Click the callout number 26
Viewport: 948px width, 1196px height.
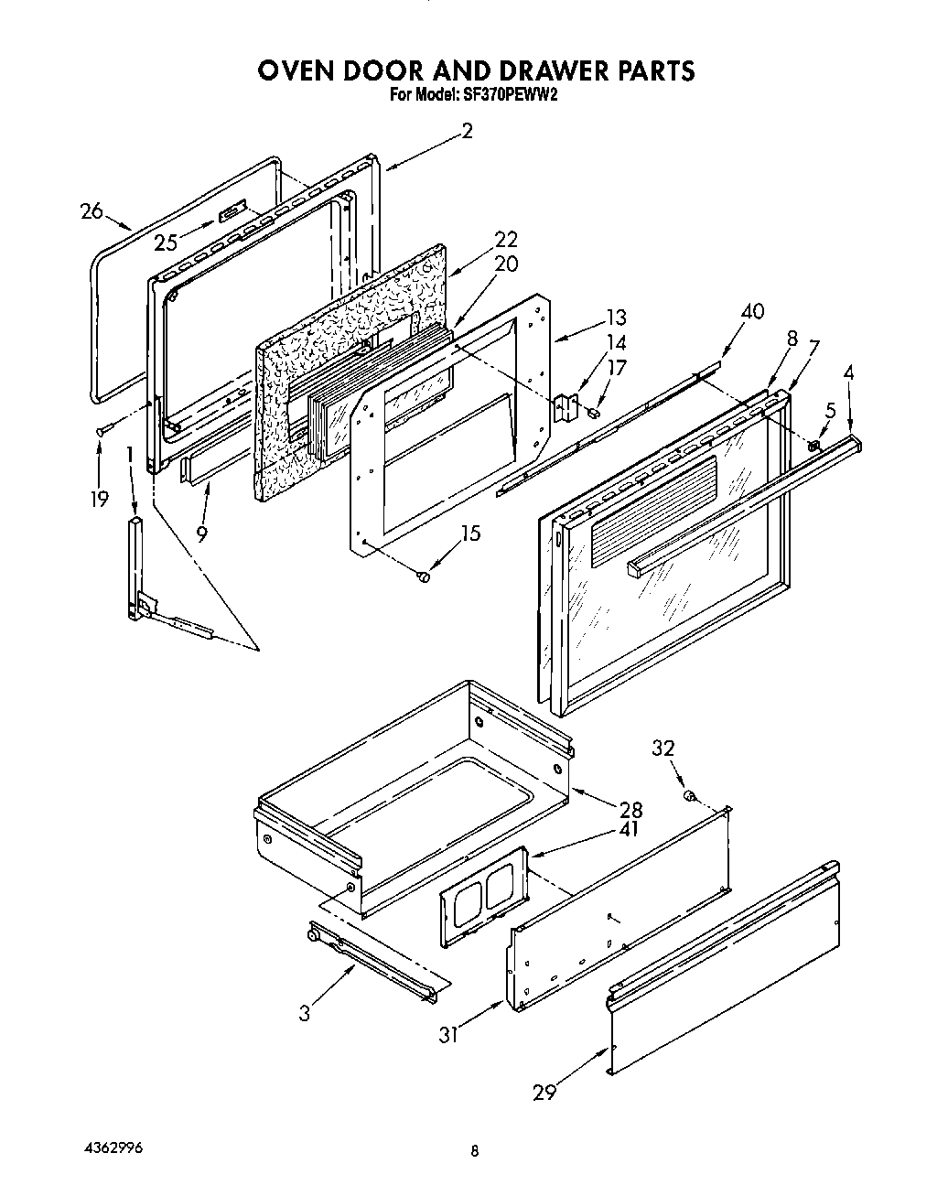pos(92,211)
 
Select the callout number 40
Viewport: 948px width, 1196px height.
pos(752,312)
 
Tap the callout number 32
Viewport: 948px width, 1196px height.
pos(663,749)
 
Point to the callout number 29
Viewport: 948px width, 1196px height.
pos(544,1091)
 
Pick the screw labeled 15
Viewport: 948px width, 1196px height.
pos(423,576)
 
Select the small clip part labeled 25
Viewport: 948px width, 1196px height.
pos(232,213)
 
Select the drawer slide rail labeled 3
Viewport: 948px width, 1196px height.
pos(375,959)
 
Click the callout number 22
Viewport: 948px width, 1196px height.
pos(505,240)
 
